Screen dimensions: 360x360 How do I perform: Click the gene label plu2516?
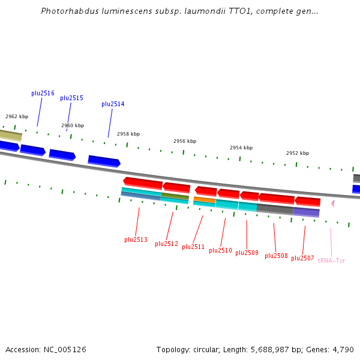coord(43,94)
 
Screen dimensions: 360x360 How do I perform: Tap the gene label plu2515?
coord(71,98)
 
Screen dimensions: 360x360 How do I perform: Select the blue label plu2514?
coord(113,104)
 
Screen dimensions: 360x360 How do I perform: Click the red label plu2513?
coord(136,240)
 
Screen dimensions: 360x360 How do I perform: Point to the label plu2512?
coord(166,244)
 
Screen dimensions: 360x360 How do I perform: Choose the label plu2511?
coord(193,247)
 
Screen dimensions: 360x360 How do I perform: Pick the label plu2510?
coord(220,251)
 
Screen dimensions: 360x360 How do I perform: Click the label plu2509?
coord(247,253)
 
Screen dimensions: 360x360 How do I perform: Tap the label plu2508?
coord(276,256)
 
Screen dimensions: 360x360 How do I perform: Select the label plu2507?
coord(302,259)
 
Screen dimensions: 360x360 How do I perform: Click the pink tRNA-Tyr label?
coord(331,261)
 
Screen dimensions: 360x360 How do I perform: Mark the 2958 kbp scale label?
coord(128,134)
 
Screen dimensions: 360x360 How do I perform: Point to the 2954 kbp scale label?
coord(241,148)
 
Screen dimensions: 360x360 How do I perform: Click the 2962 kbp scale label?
coord(17,117)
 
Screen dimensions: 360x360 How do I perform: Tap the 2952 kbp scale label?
coord(298,154)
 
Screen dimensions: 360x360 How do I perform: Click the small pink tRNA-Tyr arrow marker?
coord(332,204)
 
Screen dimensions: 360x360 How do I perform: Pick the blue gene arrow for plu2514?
coord(104,161)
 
